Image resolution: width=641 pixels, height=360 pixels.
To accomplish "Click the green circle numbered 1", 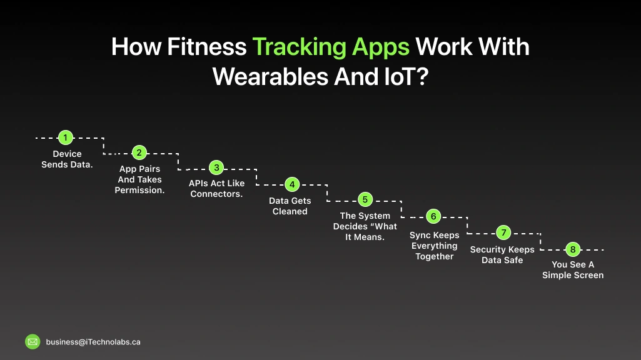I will [64, 137].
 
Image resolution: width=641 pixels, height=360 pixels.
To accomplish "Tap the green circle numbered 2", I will [139, 152].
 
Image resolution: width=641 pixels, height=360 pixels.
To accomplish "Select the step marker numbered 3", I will [216, 168].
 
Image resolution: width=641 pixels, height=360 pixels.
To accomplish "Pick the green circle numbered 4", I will [291, 184].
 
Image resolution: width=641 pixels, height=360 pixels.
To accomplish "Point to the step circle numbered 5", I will [365, 200].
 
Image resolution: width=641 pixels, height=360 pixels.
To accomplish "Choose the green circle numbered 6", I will [433, 216].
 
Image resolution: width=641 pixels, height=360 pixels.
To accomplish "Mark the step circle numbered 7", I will [503, 232].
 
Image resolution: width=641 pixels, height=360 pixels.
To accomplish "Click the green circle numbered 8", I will [573, 249].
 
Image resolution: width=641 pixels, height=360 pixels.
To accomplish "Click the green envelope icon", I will [33, 342].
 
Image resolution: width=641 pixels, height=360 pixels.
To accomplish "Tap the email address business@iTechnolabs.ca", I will [93, 342].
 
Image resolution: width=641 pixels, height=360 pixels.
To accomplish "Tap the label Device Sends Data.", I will [67, 159].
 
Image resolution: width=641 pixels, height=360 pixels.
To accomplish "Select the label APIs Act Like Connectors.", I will [216, 189].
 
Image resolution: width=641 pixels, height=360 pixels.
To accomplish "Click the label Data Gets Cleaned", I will [290, 206].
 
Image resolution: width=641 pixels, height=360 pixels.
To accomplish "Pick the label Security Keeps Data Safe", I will [502, 254].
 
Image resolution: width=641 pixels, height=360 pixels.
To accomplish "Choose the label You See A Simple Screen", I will [573, 270].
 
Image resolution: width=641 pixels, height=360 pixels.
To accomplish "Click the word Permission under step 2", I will [139, 190].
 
